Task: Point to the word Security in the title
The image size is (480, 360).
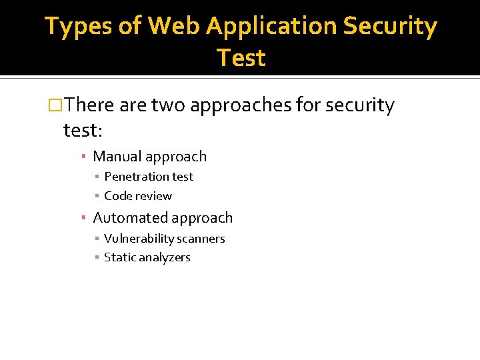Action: tap(391, 27)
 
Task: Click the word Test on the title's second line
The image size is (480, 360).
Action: tap(241, 58)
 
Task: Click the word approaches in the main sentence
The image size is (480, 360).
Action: tap(239, 105)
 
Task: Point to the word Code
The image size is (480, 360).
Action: tap(118, 196)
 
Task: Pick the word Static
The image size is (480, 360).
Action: tap(119, 257)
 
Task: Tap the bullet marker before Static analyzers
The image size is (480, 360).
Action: tap(97, 258)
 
